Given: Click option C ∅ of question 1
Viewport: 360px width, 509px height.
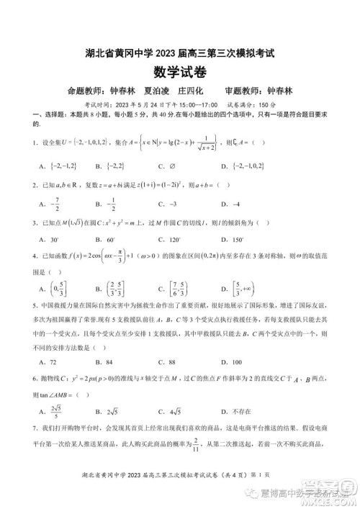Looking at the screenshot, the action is point(168,166).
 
